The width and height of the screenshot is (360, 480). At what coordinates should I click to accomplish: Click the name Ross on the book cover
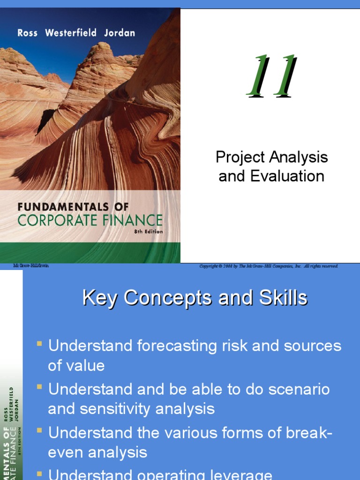click(27, 33)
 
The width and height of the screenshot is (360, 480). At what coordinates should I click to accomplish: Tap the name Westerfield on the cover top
click(71, 33)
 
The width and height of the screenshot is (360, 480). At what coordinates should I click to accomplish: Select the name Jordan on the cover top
click(120, 33)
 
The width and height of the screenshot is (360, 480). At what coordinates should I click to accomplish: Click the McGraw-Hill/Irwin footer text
click(31, 266)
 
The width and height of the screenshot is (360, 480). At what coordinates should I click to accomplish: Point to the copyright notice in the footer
click(268, 266)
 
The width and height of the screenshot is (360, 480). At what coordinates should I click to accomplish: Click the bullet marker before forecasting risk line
click(40, 345)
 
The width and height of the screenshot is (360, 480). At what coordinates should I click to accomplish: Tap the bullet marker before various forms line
click(40, 431)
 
